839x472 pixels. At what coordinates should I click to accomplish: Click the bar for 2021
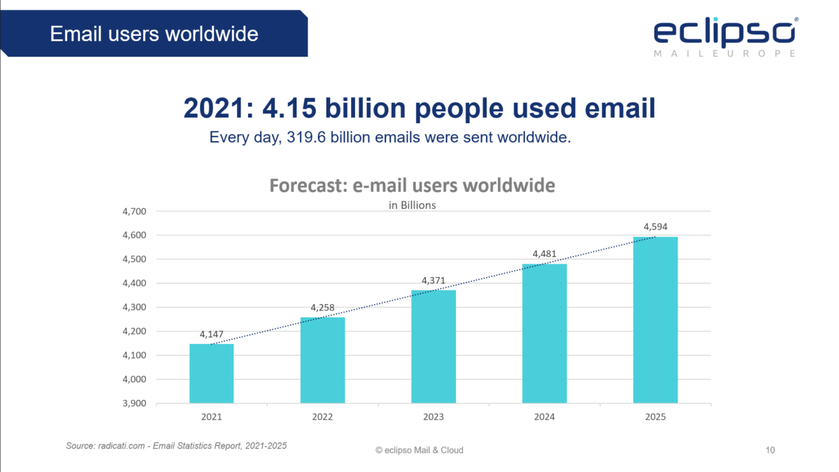pos(211,373)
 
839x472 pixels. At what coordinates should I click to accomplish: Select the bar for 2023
pos(433,346)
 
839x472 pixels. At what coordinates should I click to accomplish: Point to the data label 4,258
pos(322,308)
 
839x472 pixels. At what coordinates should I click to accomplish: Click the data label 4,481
pos(544,254)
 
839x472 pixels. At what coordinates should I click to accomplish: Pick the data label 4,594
pos(655,227)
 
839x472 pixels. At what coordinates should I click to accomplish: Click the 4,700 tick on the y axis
pos(133,211)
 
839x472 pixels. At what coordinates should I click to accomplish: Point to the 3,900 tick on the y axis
pos(133,403)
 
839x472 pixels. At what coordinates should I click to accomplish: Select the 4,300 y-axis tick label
pos(133,308)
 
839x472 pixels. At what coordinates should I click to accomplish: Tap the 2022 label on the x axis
pos(322,417)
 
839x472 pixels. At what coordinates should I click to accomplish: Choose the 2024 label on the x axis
pos(544,417)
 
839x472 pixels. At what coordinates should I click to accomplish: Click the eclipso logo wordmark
pos(724,32)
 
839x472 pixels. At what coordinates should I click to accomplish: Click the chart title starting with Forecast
pos(413,186)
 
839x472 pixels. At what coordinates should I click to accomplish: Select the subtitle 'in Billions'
pos(413,205)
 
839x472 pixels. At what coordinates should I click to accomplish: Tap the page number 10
pos(770,450)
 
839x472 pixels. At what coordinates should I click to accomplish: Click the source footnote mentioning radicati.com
pos(176,445)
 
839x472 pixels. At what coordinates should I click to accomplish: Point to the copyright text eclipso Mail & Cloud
pos(419,450)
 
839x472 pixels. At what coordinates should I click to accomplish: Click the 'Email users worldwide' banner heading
pos(154,33)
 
